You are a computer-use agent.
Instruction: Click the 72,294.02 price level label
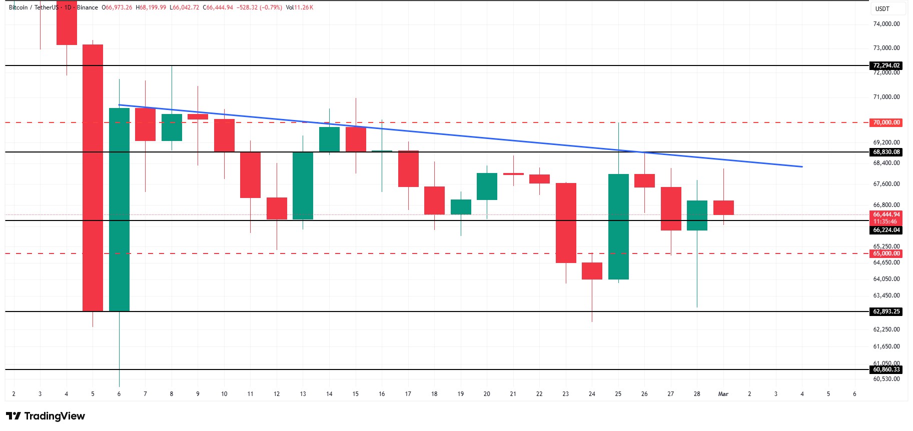[886, 65]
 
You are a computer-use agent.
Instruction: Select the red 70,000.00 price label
[886, 122]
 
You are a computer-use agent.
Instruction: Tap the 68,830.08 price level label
[886, 152]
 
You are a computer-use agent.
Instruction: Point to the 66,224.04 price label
[886, 230]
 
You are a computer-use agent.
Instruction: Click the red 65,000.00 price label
[886, 253]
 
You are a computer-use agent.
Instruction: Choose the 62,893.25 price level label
[886, 311]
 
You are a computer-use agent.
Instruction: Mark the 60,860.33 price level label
[886, 369]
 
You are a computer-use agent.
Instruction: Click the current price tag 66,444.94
[886, 214]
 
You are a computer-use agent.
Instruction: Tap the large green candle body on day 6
[119, 210]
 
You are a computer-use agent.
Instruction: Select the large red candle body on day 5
[93, 177]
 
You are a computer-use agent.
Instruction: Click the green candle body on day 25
[618, 226]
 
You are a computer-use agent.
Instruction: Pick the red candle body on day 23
[566, 223]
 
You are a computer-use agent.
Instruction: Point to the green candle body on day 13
[303, 185]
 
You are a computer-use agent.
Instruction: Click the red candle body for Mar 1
[723, 207]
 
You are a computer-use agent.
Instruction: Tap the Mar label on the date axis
[723, 394]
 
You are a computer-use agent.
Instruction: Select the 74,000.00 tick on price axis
[886, 24]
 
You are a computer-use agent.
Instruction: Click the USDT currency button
[882, 8]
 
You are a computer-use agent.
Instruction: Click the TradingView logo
[46, 416]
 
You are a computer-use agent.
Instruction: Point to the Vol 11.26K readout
[300, 7]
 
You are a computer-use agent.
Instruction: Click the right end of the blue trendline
[802, 166]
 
